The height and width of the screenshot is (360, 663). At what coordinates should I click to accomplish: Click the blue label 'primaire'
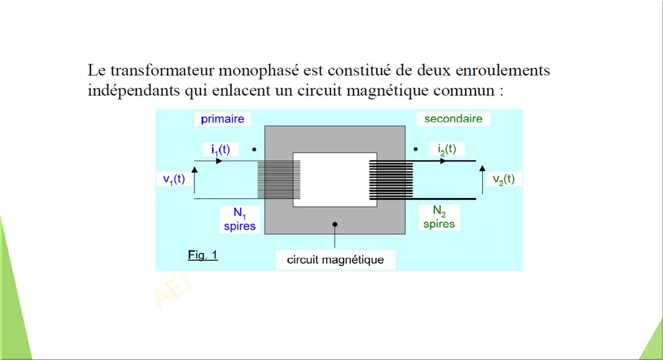tap(223, 119)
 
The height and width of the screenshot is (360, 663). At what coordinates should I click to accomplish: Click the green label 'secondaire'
tap(453, 119)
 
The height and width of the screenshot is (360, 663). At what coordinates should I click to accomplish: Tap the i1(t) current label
tap(220, 150)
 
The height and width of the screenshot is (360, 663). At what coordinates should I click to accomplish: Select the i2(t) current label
tap(447, 149)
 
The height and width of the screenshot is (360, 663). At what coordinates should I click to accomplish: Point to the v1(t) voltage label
tap(174, 179)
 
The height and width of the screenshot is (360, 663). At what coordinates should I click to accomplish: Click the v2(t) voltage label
tap(504, 179)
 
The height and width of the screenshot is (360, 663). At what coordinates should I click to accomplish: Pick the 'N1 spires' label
tap(240, 219)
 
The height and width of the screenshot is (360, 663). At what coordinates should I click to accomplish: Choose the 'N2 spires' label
tap(439, 217)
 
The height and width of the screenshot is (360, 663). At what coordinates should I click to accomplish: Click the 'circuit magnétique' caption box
tap(335, 260)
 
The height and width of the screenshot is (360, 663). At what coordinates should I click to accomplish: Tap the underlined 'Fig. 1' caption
tap(203, 255)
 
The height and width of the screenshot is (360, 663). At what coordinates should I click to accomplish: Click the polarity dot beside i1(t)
tap(254, 149)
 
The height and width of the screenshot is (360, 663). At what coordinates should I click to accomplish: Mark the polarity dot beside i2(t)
tap(416, 149)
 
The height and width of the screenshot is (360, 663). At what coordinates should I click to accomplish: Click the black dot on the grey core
tap(335, 224)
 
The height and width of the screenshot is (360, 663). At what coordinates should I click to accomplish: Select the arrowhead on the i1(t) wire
tap(219, 161)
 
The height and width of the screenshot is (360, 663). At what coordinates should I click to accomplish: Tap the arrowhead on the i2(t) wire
tap(443, 161)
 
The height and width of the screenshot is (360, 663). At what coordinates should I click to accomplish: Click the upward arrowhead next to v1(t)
tap(195, 170)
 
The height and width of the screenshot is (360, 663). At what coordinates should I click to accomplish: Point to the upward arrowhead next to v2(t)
tap(482, 168)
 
